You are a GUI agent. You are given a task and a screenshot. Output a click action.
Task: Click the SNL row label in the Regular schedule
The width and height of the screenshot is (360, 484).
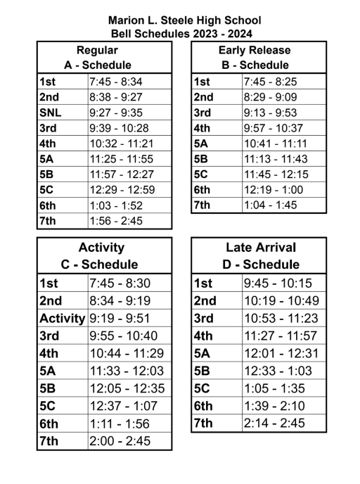tap(51, 113)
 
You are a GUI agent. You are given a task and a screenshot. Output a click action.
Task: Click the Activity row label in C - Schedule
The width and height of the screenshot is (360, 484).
tap(63, 318)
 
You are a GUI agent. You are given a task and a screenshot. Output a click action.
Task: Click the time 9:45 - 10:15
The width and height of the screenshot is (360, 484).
tap(277, 283)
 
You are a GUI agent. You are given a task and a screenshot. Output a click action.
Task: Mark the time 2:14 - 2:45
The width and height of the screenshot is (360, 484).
tap(276, 423)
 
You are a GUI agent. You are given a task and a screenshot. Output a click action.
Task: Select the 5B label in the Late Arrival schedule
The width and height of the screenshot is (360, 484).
tap(203, 371)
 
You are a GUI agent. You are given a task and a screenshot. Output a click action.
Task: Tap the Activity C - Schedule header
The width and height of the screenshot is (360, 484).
tap(104, 256)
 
